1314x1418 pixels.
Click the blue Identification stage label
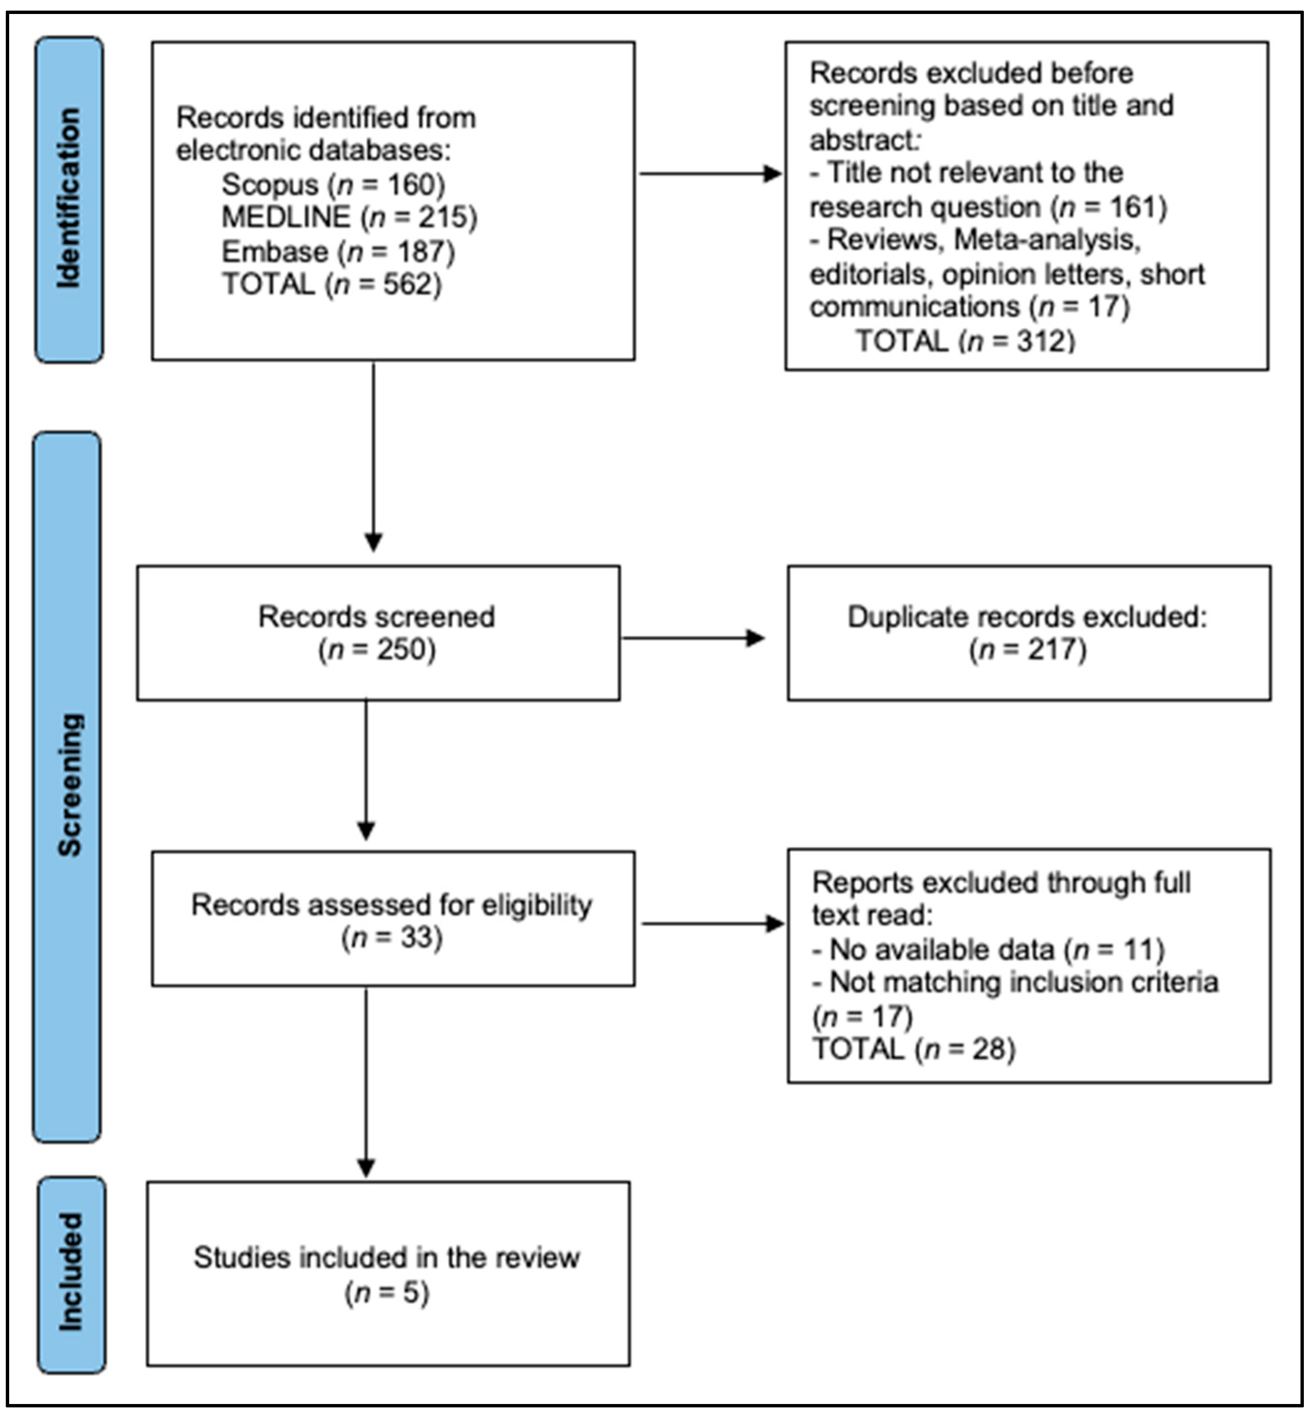point(69,200)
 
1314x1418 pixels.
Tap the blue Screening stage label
point(68,787)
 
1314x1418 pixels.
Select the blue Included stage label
point(71,1274)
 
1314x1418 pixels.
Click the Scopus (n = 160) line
point(333,185)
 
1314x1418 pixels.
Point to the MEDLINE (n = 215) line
point(349,217)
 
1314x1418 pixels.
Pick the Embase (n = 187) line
point(339,252)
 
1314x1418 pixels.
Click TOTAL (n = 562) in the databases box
point(332,284)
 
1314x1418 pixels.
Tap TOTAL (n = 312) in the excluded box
point(965,341)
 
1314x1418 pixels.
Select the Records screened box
point(378,633)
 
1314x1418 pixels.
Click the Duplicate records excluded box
point(1029,633)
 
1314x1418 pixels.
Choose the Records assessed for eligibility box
point(393,918)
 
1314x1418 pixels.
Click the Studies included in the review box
point(388,1274)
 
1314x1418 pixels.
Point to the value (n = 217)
point(1027,649)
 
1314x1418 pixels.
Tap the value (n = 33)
point(392,937)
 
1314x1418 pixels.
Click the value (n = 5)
point(387,1292)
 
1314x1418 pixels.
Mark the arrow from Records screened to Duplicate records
point(693,637)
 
